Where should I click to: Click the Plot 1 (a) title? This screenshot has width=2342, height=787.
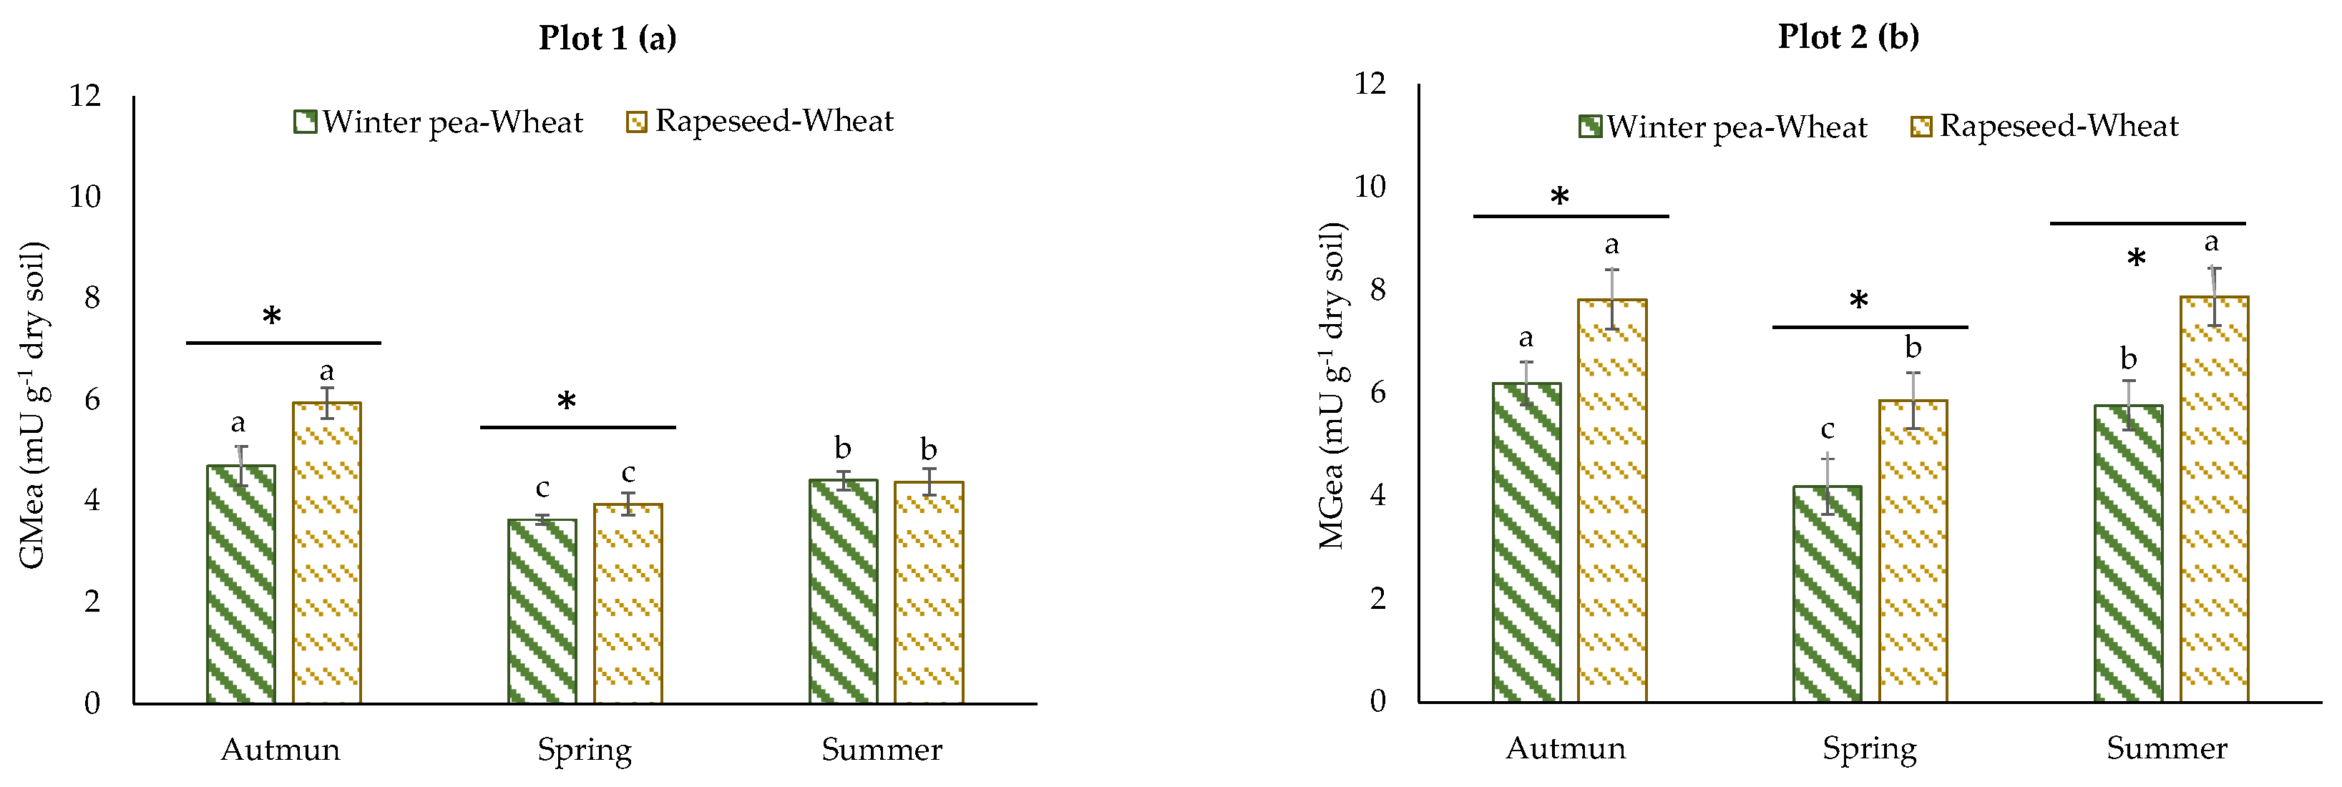[x=608, y=38]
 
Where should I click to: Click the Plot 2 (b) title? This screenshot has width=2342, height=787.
[x=1848, y=36]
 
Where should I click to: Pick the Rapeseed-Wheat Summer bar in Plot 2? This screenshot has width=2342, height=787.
[x=2214, y=500]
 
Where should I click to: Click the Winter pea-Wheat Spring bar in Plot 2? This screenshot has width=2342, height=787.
[x=1828, y=595]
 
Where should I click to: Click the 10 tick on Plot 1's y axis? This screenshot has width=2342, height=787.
[x=85, y=196]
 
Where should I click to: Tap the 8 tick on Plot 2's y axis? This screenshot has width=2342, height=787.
[x=1377, y=290]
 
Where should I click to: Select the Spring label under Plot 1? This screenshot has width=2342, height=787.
[x=584, y=751]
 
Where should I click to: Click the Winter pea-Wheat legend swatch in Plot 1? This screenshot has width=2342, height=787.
[x=306, y=122]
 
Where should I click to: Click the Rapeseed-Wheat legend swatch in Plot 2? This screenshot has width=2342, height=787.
[x=1921, y=127]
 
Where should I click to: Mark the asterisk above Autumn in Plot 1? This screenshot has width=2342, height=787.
[x=272, y=317]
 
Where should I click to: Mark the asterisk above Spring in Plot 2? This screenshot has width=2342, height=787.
[x=1858, y=300]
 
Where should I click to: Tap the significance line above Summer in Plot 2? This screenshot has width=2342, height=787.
[x=2147, y=223]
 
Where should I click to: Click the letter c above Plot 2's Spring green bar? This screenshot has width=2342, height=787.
[x=1828, y=429]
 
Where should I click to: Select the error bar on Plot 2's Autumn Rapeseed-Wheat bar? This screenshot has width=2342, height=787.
[x=1612, y=299]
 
